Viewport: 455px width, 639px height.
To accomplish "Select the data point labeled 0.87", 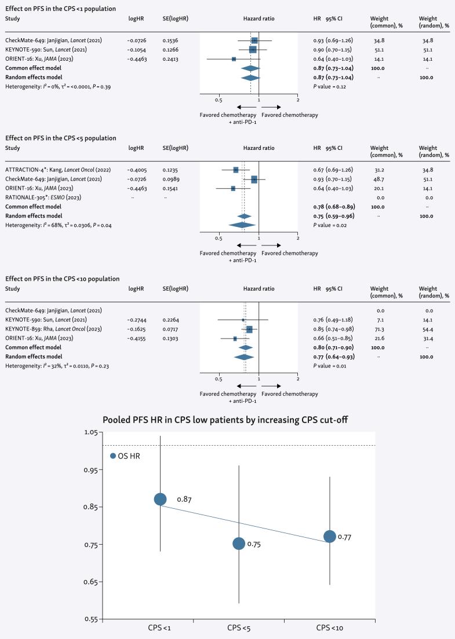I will pyautogui.click(x=161, y=500).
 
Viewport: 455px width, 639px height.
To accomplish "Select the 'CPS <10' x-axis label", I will pyautogui.click(x=330, y=628).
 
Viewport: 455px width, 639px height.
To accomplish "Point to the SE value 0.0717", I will pyautogui.click(x=173, y=329).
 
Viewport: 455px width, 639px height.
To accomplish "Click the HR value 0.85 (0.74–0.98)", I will pyautogui.click(x=333, y=329).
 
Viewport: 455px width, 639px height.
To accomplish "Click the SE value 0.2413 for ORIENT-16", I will pyautogui.click(x=173, y=58).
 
